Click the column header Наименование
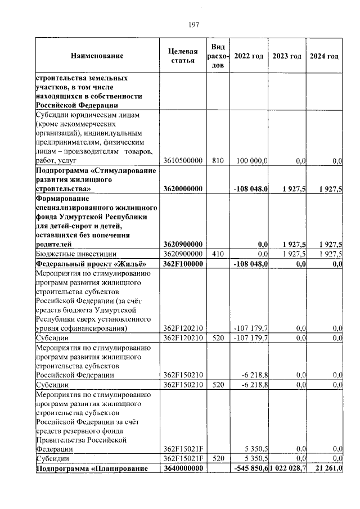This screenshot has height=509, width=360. click(97, 56)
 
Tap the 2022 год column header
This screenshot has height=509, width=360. click(249, 56)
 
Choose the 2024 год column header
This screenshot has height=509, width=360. click(325, 56)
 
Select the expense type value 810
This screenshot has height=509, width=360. click(218, 161)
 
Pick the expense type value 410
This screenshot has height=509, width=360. click(218, 254)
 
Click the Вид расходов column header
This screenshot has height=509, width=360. click(218, 56)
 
